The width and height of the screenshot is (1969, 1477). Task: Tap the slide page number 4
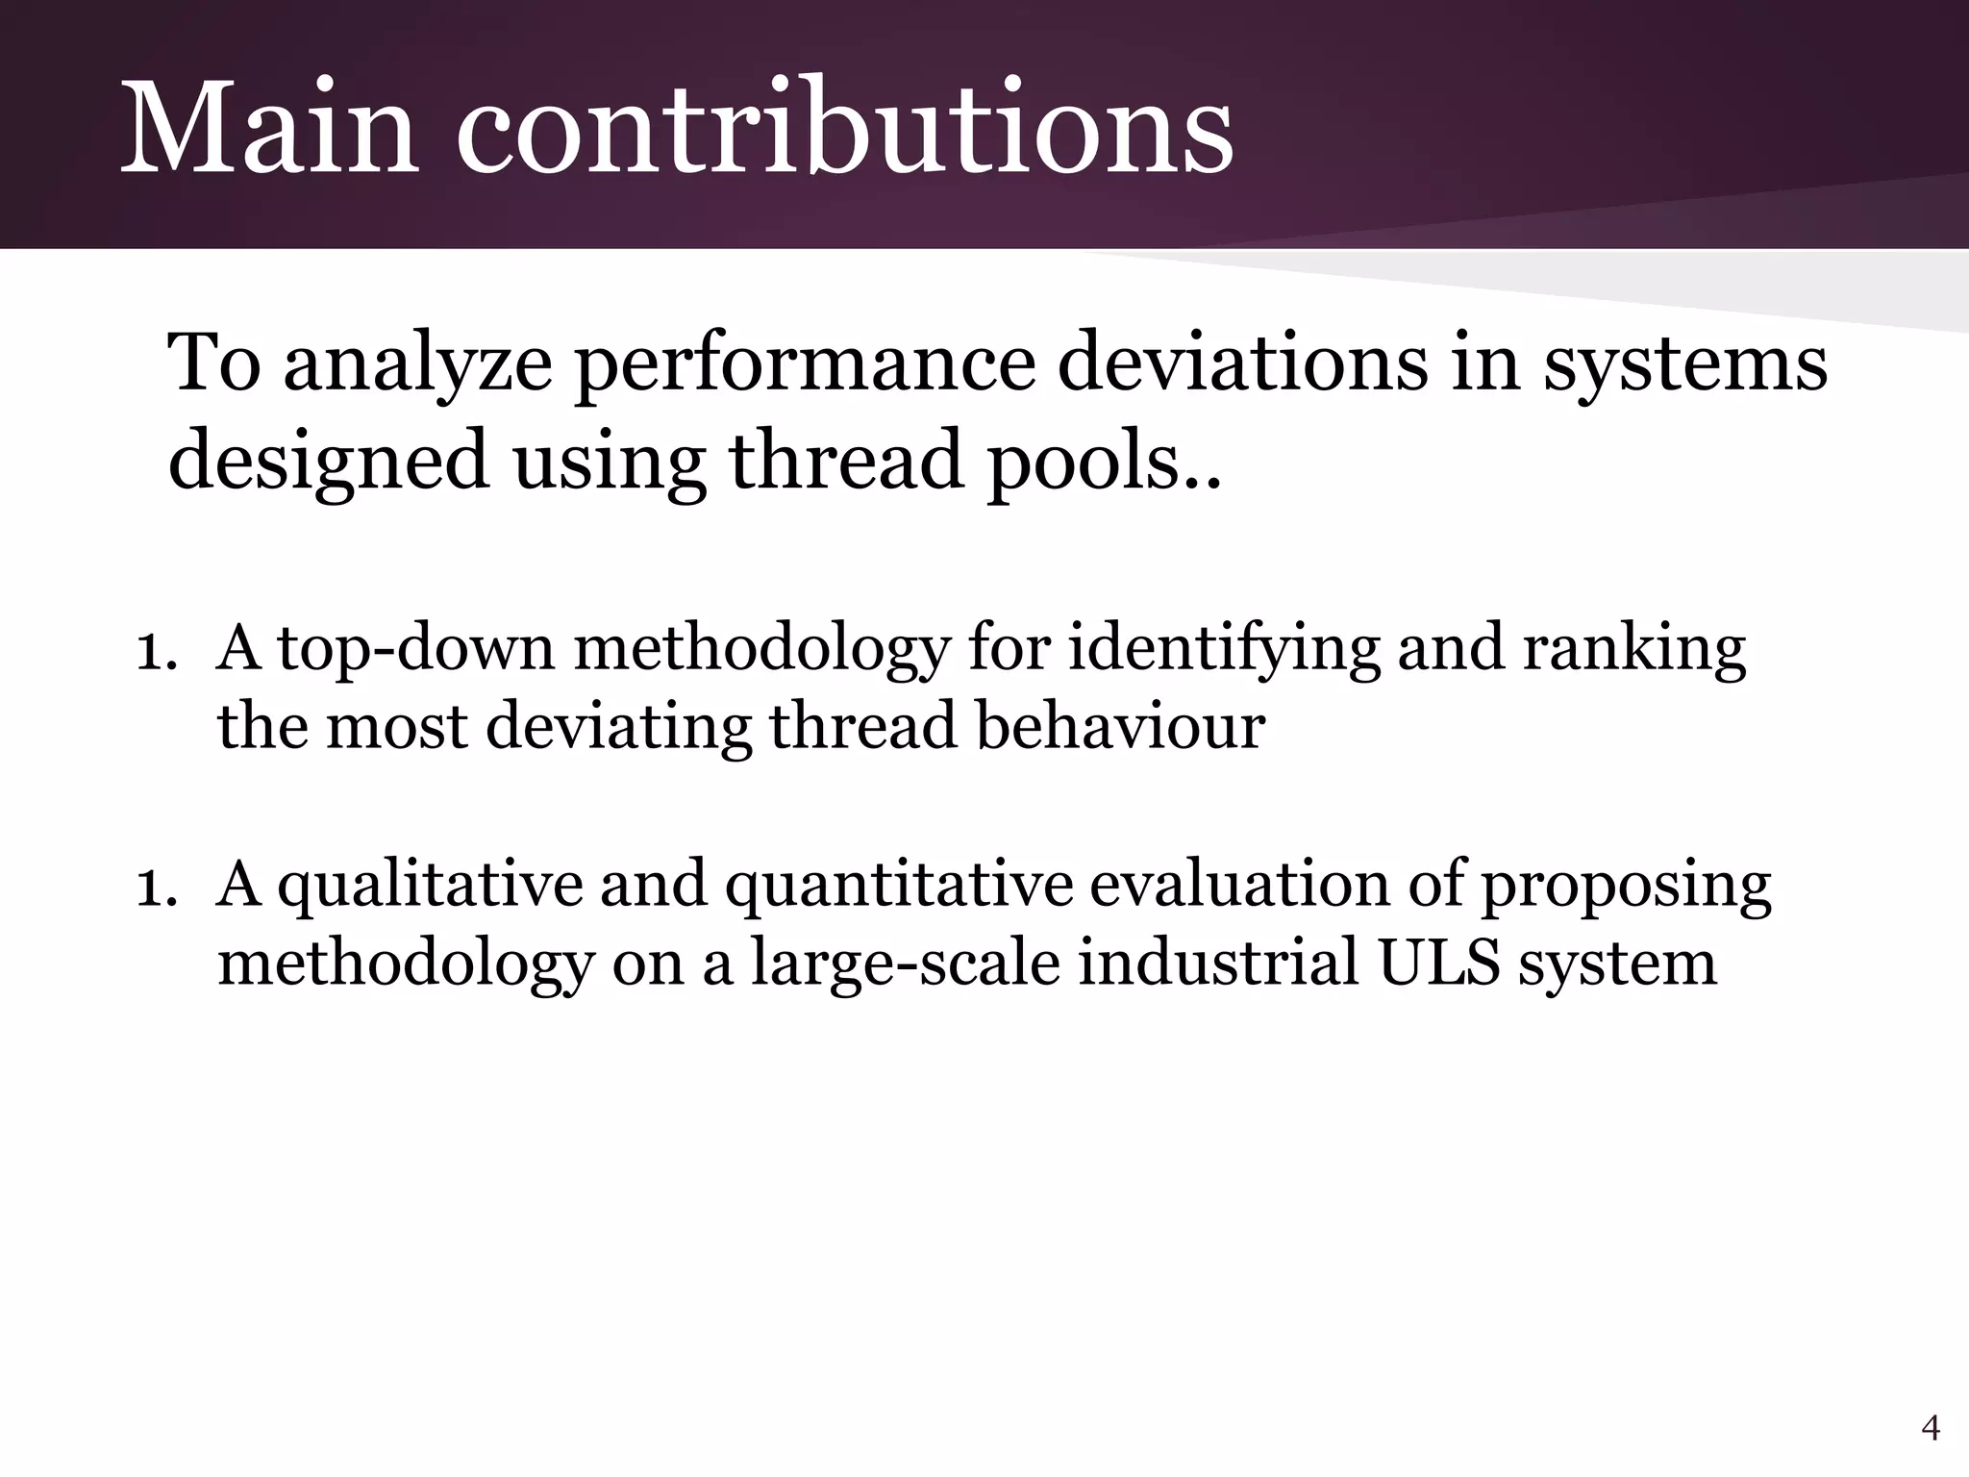pyautogui.click(x=1930, y=1429)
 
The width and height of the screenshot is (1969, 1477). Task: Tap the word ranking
pyautogui.click(x=1634, y=650)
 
